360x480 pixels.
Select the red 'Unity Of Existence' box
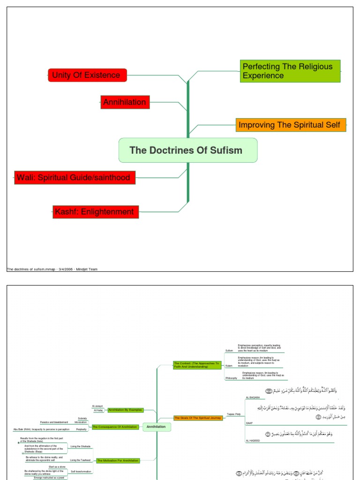[87, 75]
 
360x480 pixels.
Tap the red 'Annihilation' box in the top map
[125, 102]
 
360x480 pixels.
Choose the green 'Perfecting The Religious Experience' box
[290, 71]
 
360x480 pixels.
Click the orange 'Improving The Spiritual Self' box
[290, 125]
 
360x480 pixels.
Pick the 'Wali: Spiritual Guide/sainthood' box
[75, 178]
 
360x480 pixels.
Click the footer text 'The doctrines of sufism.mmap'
[31, 270]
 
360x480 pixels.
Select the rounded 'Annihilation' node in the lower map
[156, 427]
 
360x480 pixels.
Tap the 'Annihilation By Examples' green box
[125, 410]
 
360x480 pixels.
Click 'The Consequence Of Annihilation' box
[115, 427]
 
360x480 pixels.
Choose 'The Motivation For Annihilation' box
[118, 461]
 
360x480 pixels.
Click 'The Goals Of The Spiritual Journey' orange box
[197, 417]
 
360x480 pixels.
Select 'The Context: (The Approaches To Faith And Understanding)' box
[197, 365]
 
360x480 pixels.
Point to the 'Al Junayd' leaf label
[97, 406]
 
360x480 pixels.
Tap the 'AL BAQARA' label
[253, 397]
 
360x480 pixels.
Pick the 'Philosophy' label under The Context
[231, 378]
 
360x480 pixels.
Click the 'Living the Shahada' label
[81, 446]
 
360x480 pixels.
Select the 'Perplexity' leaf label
[81, 429]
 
